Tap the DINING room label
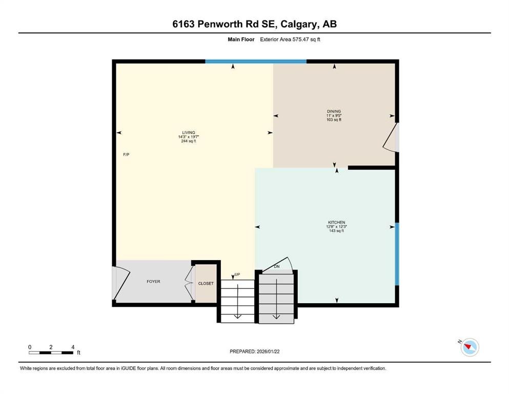pos(334,111)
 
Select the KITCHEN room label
pos(336,222)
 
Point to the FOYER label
pos(153,282)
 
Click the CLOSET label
pos(206,283)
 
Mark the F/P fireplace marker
pos(126,154)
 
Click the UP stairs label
pos(237,274)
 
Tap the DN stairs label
pos(277,266)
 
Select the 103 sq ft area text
pos(334,120)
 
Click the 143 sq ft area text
pos(336,231)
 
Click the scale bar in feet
pos(51,352)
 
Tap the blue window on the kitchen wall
pos(397,253)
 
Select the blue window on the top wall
pos(256,62)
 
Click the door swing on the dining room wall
pos(392,137)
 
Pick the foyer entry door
pos(116,283)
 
